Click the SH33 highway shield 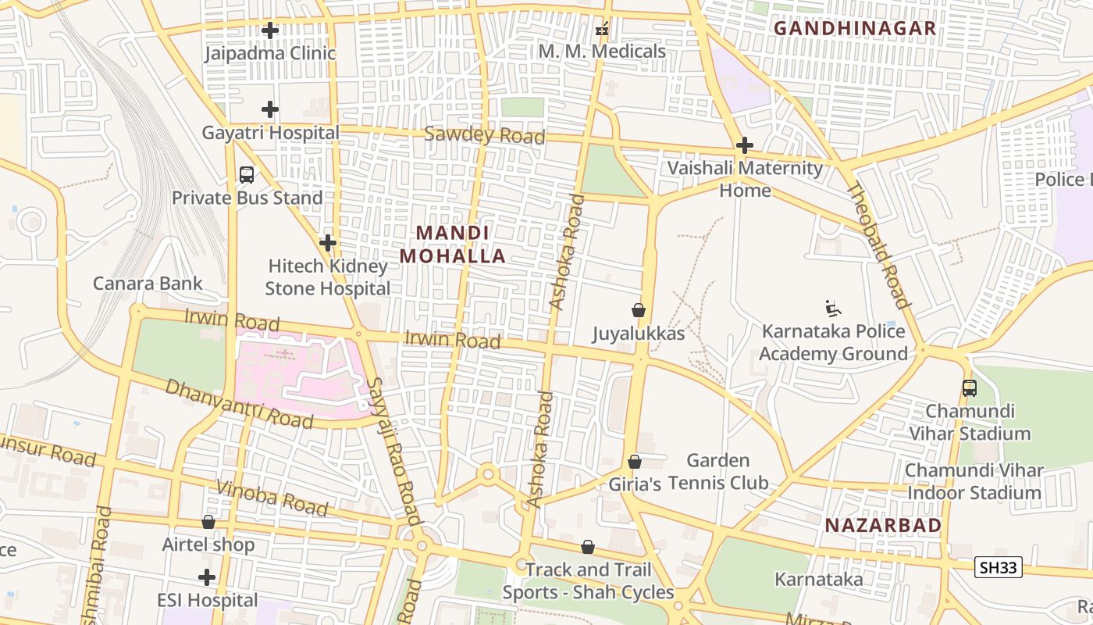click(999, 567)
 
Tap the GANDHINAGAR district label click(854, 28)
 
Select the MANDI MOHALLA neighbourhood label click(453, 244)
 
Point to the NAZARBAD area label click(883, 526)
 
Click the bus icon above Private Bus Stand click(247, 175)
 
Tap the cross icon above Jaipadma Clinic click(270, 30)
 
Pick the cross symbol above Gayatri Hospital click(270, 109)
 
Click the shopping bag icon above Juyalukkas click(639, 310)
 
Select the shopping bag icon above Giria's click(635, 462)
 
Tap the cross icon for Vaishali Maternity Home click(745, 145)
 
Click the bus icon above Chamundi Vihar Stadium click(969, 387)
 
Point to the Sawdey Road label click(484, 135)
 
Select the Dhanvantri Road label click(239, 403)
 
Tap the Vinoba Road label click(272, 498)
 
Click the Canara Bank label click(148, 283)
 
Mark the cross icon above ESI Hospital click(207, 577)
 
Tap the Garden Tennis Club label click(717, 471)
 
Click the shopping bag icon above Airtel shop click(208, 522)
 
